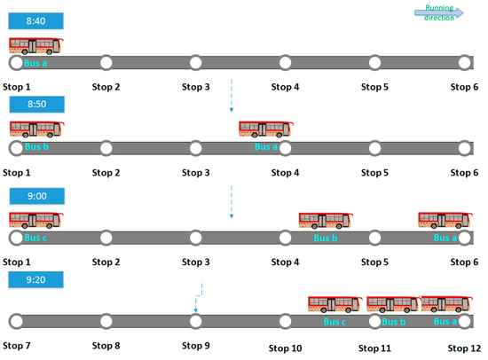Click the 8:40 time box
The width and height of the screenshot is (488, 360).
(x=35, y=20)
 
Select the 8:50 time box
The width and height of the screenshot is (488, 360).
(x=35, y=106)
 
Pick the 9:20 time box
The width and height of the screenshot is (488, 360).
(x=35, y=279)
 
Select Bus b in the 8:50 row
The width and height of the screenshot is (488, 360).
(x=35, y=130)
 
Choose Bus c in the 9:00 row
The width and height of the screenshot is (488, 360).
(x=35, y=221)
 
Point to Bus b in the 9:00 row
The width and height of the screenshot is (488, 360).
(x=325, y=221)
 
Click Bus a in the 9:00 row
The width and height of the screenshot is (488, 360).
(x=444, y=221)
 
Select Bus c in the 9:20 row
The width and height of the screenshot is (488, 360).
(x=334, y=306)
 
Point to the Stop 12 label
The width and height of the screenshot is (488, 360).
(x=463, y=348)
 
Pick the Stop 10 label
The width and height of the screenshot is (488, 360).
(x=286, y=348)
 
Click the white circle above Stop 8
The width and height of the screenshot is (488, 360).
(x=106, y=321)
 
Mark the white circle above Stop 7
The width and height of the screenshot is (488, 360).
(x=16, y=321)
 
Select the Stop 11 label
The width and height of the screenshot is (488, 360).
(x=375, y=348)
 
